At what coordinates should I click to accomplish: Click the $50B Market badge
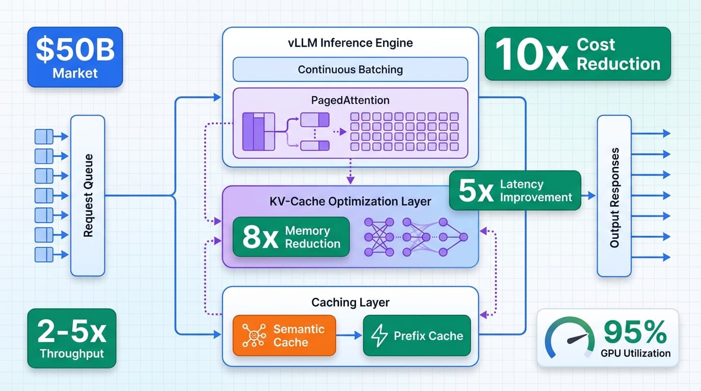coord(74,57)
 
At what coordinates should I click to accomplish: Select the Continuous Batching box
coord(350,69)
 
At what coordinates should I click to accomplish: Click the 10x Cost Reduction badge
coord(577,54)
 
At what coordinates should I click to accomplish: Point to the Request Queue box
coord(88,195)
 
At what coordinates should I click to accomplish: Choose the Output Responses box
coord(614,195)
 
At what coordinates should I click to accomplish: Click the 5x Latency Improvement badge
coord(515,190)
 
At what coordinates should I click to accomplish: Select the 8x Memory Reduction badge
coord(291,237)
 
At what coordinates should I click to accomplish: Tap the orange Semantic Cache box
coord(284,336)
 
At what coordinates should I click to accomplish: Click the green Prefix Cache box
coord(417,336)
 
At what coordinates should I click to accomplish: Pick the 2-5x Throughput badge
coord(71,339)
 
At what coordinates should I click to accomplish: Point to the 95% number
coord(635,332)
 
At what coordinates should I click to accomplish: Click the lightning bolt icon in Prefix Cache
coord(380,336)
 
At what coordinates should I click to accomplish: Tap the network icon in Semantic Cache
coord(253,336)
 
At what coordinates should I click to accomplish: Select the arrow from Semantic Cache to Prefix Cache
coord(349,336)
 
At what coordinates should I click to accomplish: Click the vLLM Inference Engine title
coord(350,43)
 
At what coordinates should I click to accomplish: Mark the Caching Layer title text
coord(350,302)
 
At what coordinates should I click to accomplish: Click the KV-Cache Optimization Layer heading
coord(350,202)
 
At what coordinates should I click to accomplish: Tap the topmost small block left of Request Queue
coord(44,136)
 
